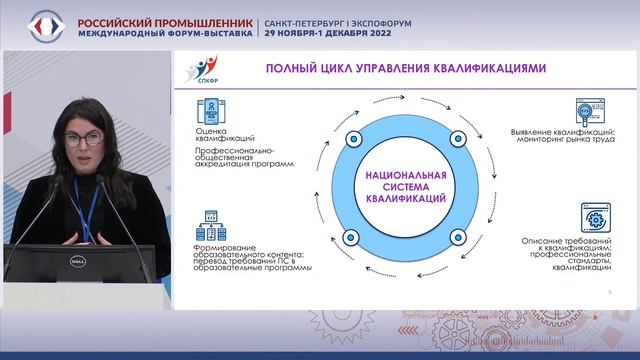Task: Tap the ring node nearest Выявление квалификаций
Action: pos(457,137)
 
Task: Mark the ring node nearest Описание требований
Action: pos(457,237)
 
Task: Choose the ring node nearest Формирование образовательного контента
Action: pos(350,237)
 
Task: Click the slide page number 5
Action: pos(610,291)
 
